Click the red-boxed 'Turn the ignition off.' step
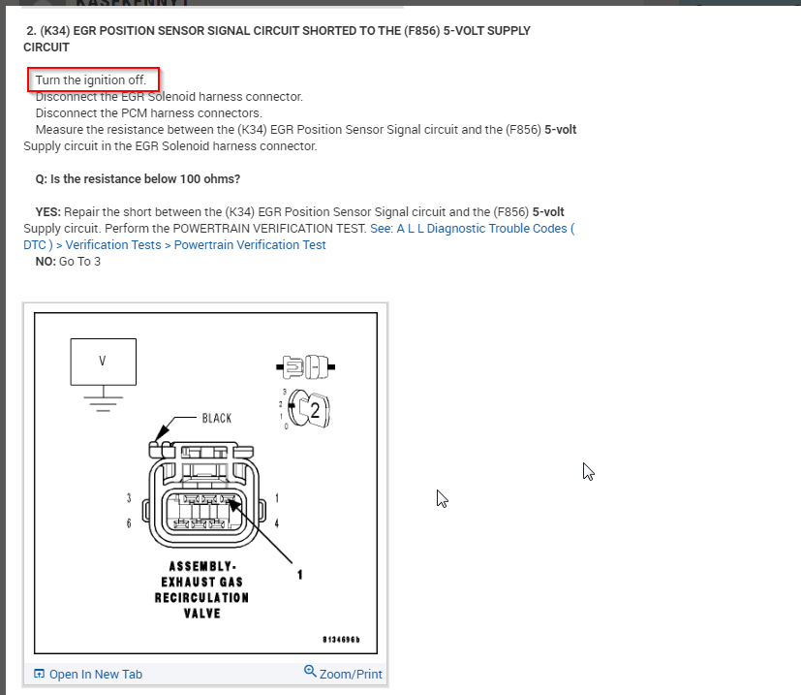pos(91,79)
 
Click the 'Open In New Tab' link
pos(95,674)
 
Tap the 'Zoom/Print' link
pos(350,674)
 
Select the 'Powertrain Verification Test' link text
pos(250,245)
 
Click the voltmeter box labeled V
pos(103,362)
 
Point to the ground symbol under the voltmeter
pos(103,399)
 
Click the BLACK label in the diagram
pos(217,419)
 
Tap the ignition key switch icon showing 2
pos(312,409)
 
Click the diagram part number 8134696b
pos(341,641)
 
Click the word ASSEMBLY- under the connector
pos(202,566)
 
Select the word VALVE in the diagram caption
pos(202,613)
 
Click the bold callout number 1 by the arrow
pos(300,574)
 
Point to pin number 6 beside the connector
pos(129,523)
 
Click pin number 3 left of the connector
pos(129,498)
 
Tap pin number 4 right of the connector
pos(277,523)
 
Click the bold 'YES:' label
pos(48,211)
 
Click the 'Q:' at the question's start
pos(42,179)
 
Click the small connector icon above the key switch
pos(305,366)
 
